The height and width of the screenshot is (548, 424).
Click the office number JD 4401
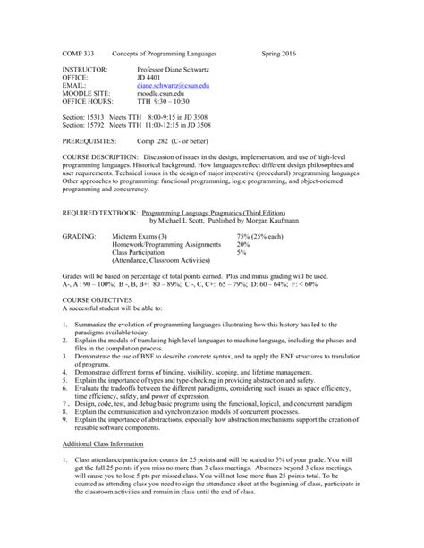(148, 75)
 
